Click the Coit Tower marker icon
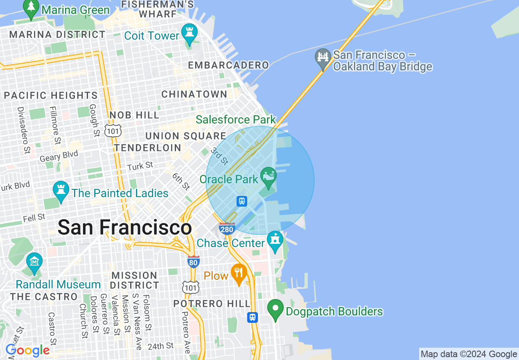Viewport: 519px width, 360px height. pos(189,34)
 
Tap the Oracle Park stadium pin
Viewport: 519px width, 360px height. pos(269,177)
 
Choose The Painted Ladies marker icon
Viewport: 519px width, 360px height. pos(61,191)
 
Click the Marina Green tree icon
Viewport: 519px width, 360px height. pos(32,9)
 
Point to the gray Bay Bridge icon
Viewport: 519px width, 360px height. pos(323,58)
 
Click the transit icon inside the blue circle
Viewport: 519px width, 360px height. pos(242,201)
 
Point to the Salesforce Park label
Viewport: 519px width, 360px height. pos(236,119)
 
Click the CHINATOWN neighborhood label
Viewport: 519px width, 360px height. pos(194,94)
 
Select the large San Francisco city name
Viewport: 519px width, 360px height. pos(124,227)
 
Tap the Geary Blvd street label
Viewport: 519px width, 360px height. pos(59,156)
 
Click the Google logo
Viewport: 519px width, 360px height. pos(27,351)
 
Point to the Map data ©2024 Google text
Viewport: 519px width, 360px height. pos(469,354)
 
